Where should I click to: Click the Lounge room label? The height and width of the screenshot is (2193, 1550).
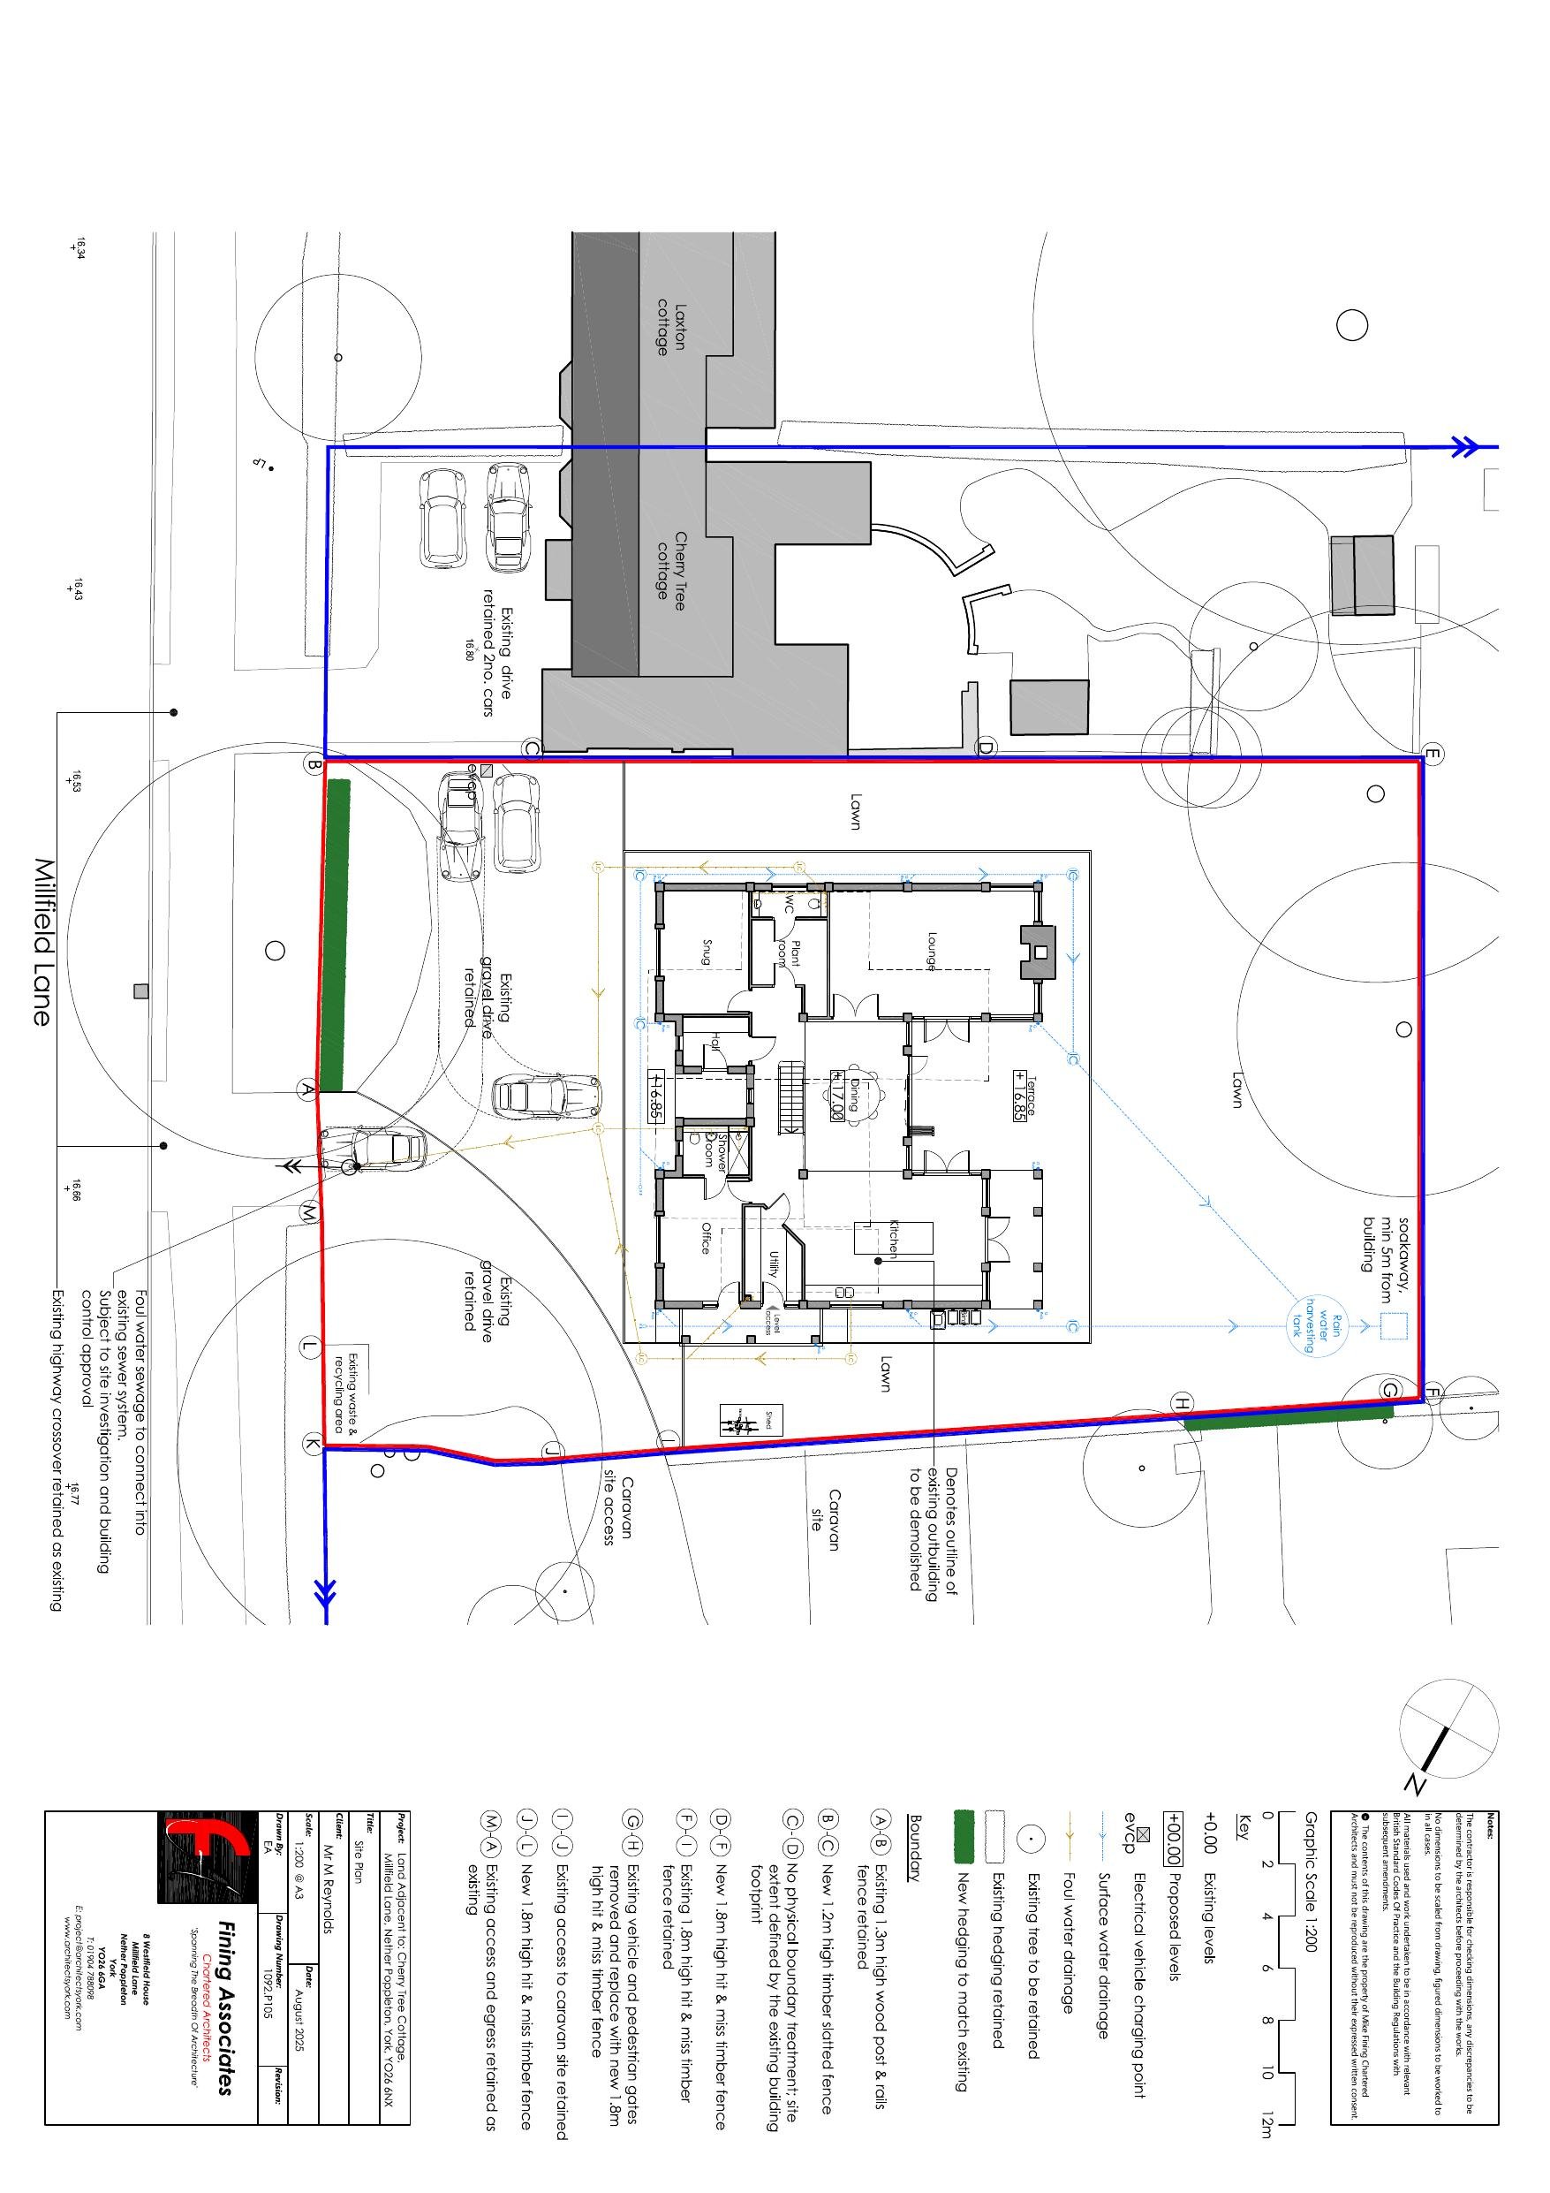point(930,952)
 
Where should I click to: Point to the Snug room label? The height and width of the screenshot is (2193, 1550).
point(707,952)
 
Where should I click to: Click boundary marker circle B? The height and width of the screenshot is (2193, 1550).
point(313,764)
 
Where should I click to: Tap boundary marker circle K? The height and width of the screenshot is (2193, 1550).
point(312,1443)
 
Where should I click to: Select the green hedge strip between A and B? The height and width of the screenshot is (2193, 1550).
point(336,936)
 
